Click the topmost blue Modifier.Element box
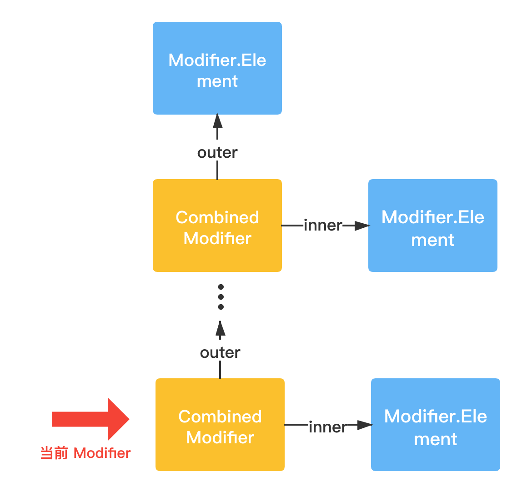click(217, 68)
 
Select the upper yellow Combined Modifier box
click(217, 226)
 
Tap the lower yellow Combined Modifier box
click(220, 424)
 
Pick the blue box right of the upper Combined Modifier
click(433, 226)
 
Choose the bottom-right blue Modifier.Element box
click(436, 424)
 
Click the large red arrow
click(90, 419)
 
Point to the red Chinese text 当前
click(54, 453)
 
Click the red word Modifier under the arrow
click(102, 453)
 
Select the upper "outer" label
click(217, 153)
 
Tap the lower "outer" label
click(220, 353)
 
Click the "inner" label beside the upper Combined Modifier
click(323, 226)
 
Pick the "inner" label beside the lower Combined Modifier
click(328, 427)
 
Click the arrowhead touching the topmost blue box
click(217, 121)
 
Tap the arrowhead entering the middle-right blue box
click(362, 226)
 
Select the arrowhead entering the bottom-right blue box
click(365, 425)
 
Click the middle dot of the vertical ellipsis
click(221, 297)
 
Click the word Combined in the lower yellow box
click(220, 417)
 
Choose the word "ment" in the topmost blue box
click(217, 81)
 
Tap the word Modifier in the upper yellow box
click(217, 238)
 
